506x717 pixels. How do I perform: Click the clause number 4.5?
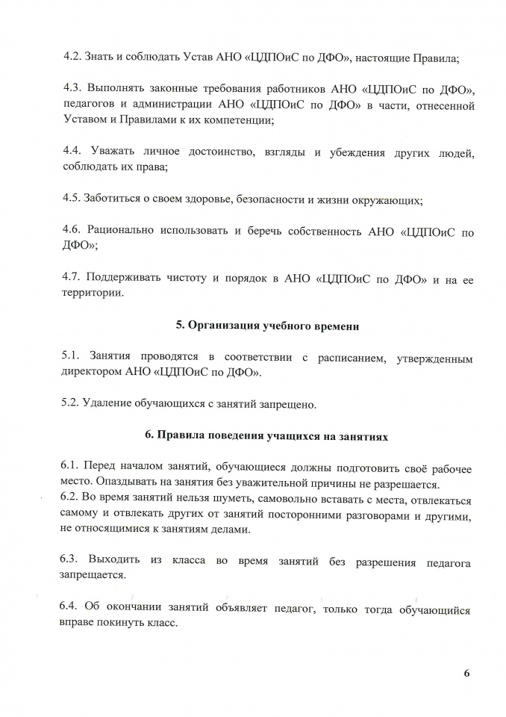pos(72,200)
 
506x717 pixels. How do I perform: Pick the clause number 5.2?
pos(72,405)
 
